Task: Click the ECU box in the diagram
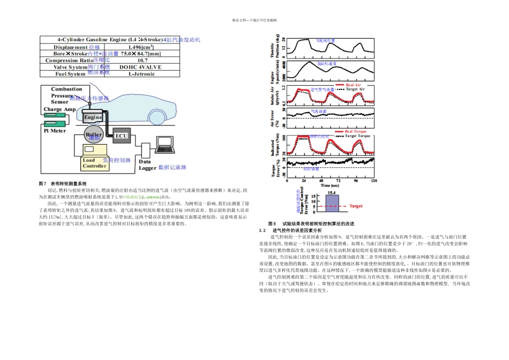[121, 136]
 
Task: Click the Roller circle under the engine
[94, 136]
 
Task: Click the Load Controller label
[94, 163]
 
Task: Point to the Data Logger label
[147, 164]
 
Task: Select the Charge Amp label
[59, 109]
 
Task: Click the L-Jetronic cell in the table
[142, 74]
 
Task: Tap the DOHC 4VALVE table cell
[142, 67]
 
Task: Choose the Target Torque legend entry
[356, 136]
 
